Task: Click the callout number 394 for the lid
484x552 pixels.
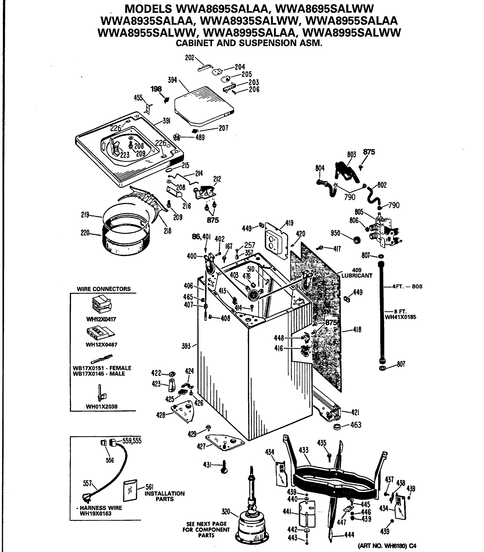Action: [172, 80]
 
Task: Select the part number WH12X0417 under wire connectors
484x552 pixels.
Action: [101, 319]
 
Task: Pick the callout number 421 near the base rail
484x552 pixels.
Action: [355, 412]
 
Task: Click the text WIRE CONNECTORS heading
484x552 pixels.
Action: [104, 289]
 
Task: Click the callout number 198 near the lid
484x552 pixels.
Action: [156, 89]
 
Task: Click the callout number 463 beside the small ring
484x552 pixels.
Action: [356, 425]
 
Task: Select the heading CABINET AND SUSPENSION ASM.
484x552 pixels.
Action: [249, 43]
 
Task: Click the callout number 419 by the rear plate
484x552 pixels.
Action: [289, 223]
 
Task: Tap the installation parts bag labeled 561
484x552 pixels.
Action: [130, 490]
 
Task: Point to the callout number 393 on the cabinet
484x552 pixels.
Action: [186, 346]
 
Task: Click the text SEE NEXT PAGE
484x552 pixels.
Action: [206, 524]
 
